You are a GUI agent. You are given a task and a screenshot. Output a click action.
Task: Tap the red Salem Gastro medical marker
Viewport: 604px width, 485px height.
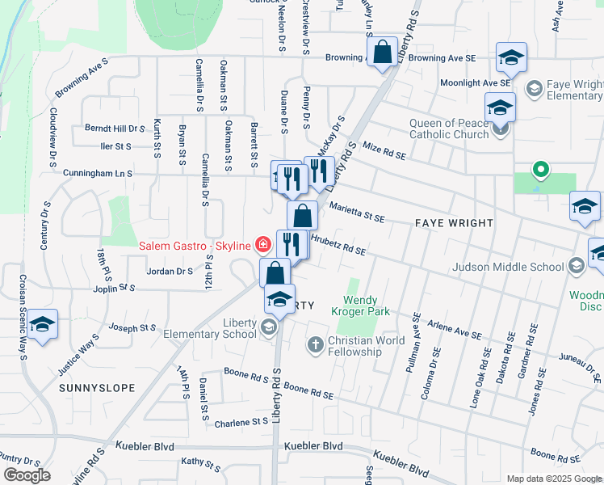(262, 244)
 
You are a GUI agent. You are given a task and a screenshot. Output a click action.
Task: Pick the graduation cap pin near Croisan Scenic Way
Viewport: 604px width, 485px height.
(42, 325)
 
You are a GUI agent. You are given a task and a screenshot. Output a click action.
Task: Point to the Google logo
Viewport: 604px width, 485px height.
(27, 475)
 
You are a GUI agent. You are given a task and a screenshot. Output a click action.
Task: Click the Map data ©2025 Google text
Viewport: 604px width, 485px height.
(553, 479)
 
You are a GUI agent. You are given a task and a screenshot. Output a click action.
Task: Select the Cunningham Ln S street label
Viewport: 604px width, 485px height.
(100, 173)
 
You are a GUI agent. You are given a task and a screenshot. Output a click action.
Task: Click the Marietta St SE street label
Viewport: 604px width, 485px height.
(356, 213)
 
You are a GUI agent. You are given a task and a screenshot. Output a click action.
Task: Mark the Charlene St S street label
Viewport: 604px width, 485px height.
(242, 422)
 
